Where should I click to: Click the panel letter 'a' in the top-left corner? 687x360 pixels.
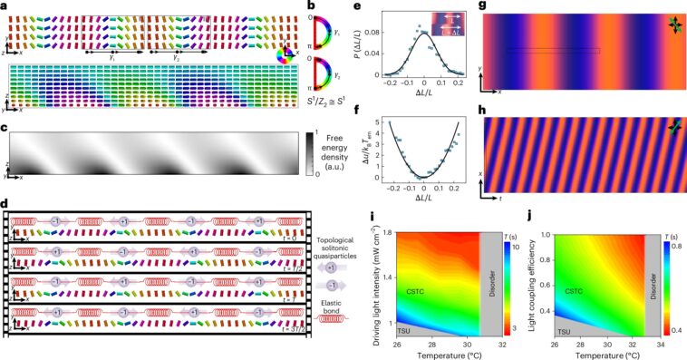5,6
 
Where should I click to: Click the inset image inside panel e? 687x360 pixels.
448,22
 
